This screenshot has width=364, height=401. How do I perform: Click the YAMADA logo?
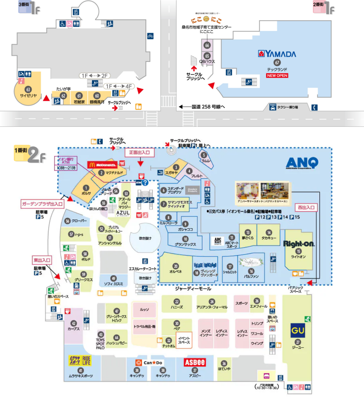tap(277, 54)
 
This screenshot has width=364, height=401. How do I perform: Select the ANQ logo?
tap(302, 163)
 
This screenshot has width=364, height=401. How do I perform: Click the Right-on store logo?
tap(299, 244)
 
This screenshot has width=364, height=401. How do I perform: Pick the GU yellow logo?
tap(298, 331)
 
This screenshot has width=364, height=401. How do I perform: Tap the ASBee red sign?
tap(195, 362)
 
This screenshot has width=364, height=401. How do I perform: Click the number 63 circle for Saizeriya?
tap(28, 89)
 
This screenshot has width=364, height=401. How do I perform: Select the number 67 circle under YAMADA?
tap(277, 63)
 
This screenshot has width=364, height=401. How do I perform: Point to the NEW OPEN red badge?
tap(277, 76)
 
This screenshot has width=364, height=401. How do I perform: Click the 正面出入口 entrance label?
tap(140, 153)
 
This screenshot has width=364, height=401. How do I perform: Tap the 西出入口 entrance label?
tap(306, 208)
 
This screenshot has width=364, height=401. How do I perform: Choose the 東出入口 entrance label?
tap(42, 260)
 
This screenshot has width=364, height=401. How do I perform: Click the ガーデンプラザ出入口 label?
tap(42, 204)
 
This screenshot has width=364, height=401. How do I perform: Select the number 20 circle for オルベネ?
tap(176, 266)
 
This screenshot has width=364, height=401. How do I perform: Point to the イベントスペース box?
tap(184, 340)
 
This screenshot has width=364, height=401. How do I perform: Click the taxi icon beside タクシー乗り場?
tap(273, 107)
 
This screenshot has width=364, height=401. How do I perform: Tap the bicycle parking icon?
tap(150, 36)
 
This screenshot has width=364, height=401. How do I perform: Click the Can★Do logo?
tap(149, 363)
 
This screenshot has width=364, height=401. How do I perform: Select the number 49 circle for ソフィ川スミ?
tap(113, 278)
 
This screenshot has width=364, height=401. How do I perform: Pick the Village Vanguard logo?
tap(205, 265)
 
